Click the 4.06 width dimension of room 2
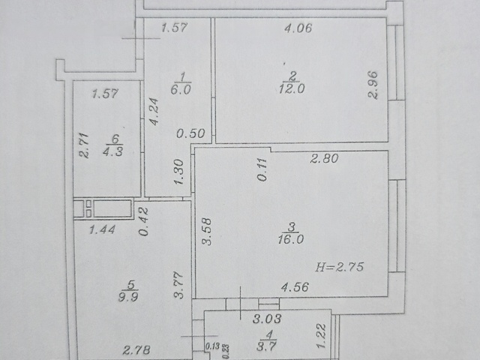click(298, 28)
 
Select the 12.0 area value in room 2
click(292, 88)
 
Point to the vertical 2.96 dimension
click(373, 85)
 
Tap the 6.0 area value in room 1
click(181, 90)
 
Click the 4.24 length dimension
click(154, 112)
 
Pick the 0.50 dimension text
click(190, 133)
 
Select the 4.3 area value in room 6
click(113, 151)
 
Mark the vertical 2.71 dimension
click(84, 145)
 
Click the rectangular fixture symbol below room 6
click(103, 208)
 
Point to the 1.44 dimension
click(102, 229)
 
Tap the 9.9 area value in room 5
click(128, 297)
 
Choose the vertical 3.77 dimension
click(178, 285)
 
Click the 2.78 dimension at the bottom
click(136, 349)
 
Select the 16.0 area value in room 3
click(291, 239)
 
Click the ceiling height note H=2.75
click(339, 267)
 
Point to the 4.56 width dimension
click(295, 286)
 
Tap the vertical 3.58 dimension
click(207, 232)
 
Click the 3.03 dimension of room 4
click(267, 319)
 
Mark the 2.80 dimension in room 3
click(324, 158)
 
